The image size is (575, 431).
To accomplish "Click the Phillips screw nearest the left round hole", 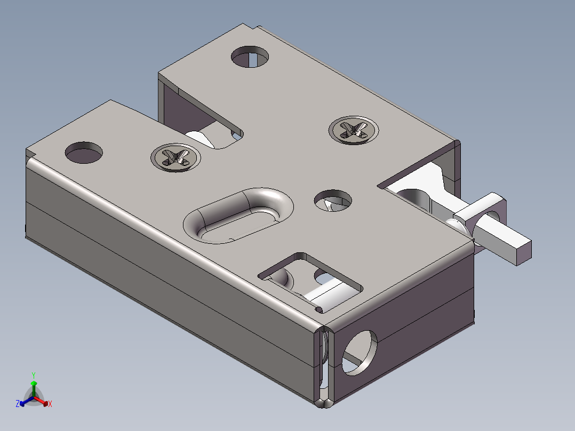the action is pyautogui.click(x=175, y=158).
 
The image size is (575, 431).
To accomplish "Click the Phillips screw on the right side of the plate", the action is pyautogui.click(x=354, y=130).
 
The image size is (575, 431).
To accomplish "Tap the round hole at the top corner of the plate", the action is pyautogui.click(x=250, y=57).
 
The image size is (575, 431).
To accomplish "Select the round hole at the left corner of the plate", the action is pyautogui.click(x=84, y=152).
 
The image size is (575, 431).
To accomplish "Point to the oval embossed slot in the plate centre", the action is pyautogui.click(x=238, y=215).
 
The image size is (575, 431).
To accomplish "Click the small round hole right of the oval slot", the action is pyautogui.click(x=333, y=201).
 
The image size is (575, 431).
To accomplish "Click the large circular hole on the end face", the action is pyautogui.click(x=360, y=353).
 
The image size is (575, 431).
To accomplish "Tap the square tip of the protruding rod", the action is pyautogui.click(x=524, y=252).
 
